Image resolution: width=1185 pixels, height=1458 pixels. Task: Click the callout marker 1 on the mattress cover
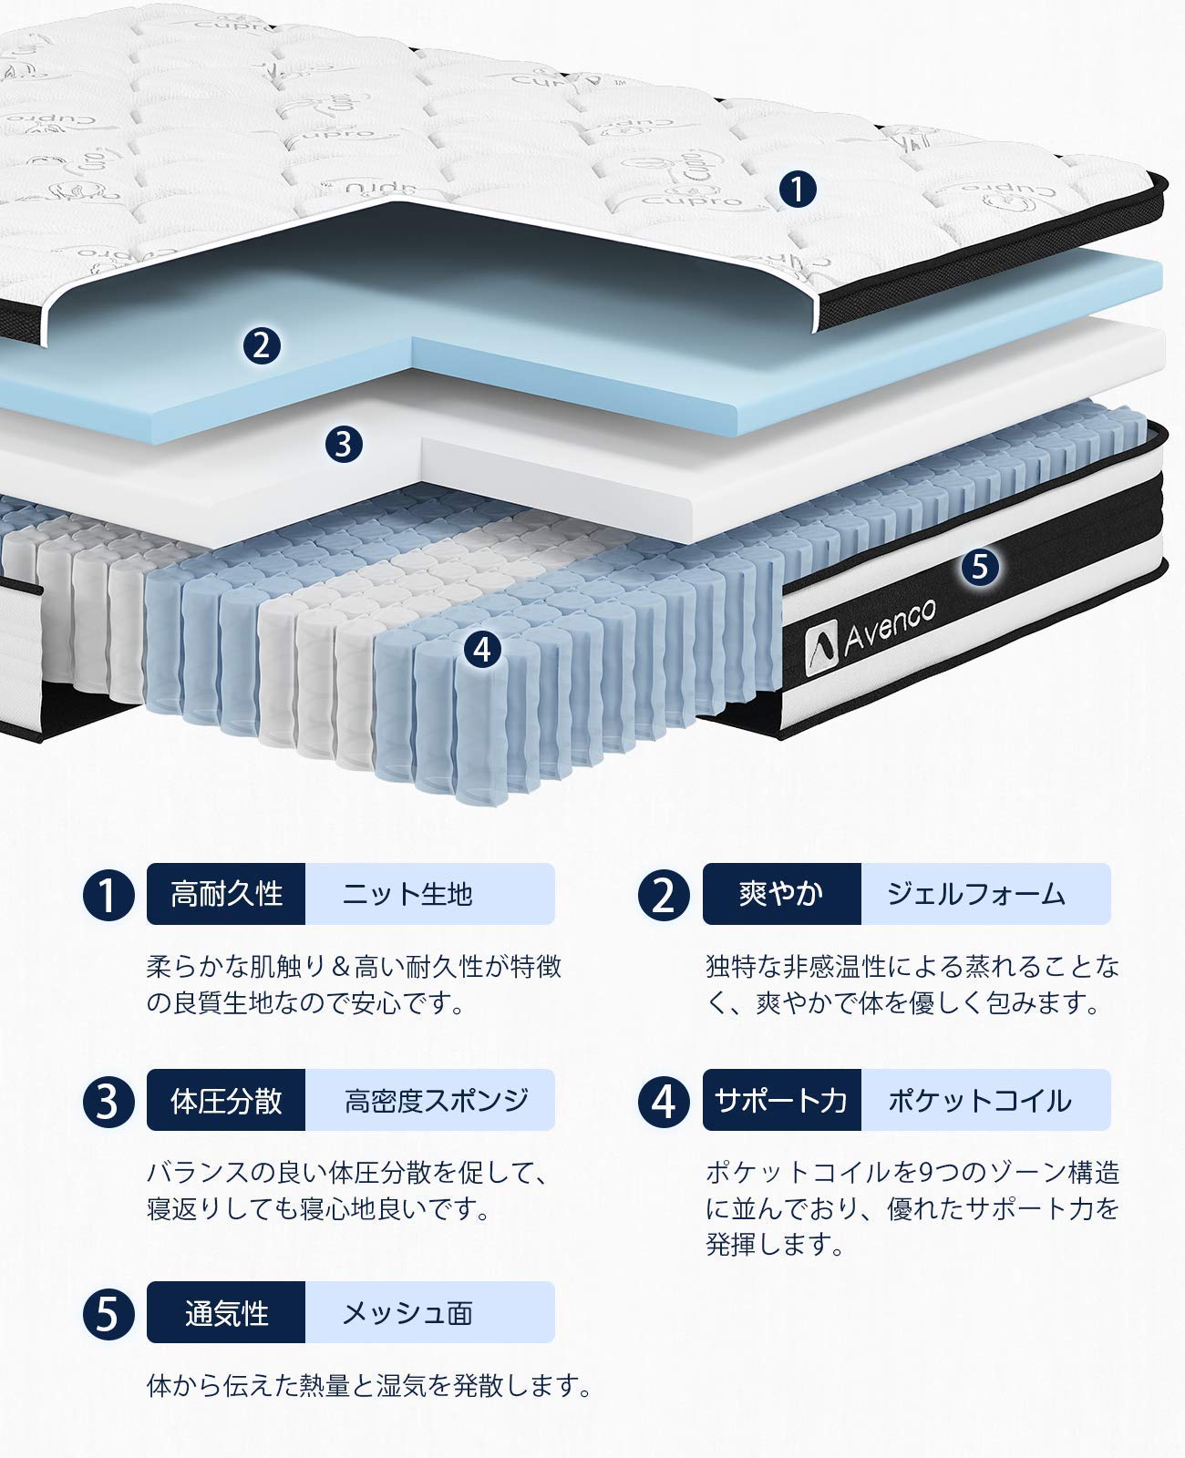(798, 190)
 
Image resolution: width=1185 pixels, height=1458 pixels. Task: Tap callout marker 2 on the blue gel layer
(262, 345)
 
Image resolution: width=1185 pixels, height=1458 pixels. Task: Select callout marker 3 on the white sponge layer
(344, 445)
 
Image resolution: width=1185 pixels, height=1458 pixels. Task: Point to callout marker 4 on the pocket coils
(482, 650)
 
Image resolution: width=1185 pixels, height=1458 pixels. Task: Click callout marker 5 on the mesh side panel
(979, 566)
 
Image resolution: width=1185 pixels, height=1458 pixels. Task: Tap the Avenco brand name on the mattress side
(889, 625)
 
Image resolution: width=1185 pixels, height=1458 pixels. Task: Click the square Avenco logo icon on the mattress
(822, 642)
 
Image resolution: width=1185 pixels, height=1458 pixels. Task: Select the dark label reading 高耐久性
(226, 894)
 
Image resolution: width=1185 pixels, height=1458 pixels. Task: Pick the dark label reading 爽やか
(781, 894)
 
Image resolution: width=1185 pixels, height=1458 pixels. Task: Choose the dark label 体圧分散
(226, 1100)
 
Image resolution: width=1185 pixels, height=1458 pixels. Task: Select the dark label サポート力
(781, 1100)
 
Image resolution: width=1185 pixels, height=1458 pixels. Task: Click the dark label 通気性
(226, 1312)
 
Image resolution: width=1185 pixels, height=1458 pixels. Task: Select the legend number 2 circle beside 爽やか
(665, 895)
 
